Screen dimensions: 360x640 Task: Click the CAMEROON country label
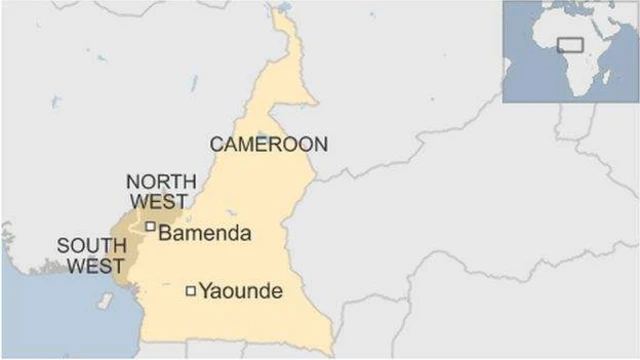pos(268,144)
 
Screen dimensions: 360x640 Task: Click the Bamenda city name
pos(205,233)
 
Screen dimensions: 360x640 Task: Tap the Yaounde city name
pos(241,292)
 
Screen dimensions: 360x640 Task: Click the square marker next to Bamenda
pos(150,227)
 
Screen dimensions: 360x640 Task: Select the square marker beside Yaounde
pos(191,291)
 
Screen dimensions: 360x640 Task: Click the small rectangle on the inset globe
pos(571,44)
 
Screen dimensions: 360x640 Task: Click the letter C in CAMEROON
pos(216,144)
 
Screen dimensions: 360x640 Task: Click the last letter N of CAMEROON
pos(319,144)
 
